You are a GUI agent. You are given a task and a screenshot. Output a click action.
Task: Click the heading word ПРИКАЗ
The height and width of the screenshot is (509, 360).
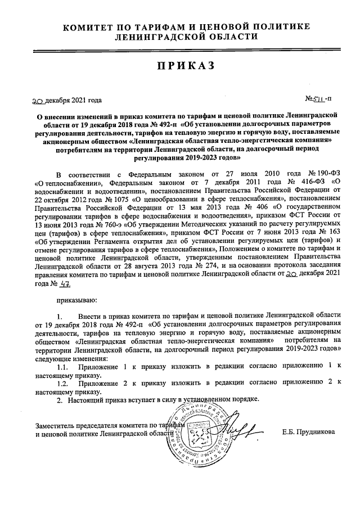pos(186,66)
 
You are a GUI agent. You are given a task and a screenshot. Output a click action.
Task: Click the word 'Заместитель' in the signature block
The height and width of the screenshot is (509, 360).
pos(55,424)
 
